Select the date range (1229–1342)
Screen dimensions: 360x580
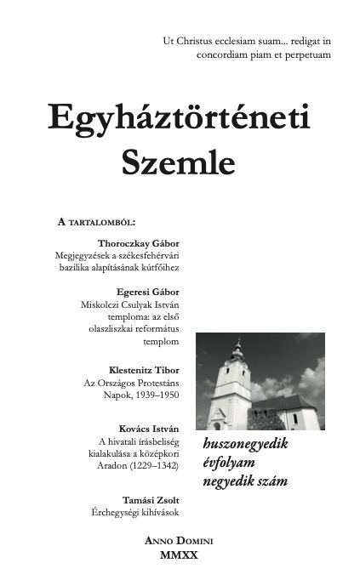pyautogui.click(x=151, y=466)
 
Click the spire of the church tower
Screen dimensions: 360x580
pyautogui.click(x=237, y=346)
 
